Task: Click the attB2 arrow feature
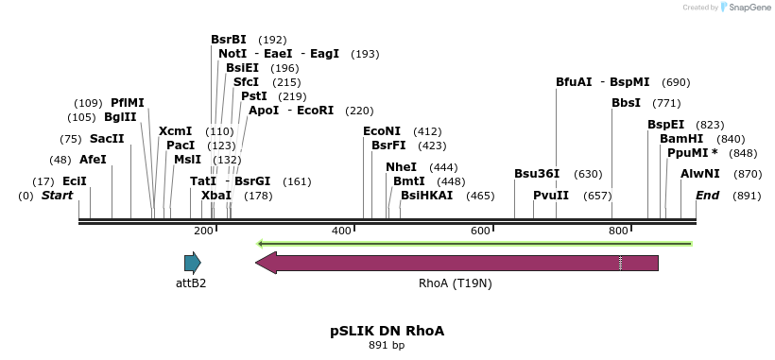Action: [193, 263]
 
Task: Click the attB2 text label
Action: [191, 283]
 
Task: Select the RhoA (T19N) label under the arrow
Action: [455, 283]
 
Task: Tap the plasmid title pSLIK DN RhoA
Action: [387, 331]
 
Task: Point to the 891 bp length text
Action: [387, 346]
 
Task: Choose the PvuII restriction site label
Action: [551, 196]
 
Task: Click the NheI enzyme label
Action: [401, 167]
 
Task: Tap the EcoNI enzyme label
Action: [382, 131]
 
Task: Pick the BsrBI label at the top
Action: [229, 40]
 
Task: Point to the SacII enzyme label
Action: [107, 139]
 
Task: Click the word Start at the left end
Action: [57, 196]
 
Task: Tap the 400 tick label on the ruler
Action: [341, 231]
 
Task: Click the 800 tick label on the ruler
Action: [618, 231]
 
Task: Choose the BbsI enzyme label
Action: [627, 103]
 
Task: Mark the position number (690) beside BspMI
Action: [676, 82]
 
